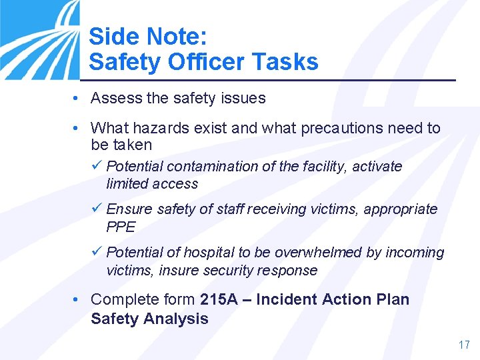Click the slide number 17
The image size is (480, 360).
tap(464, 345)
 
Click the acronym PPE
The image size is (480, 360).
tap(121, 227)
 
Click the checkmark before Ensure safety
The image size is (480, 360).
tap(97, 209)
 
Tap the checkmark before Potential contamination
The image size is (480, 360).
tap(97, 165)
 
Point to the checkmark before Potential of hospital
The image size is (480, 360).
tap(97, 252)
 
